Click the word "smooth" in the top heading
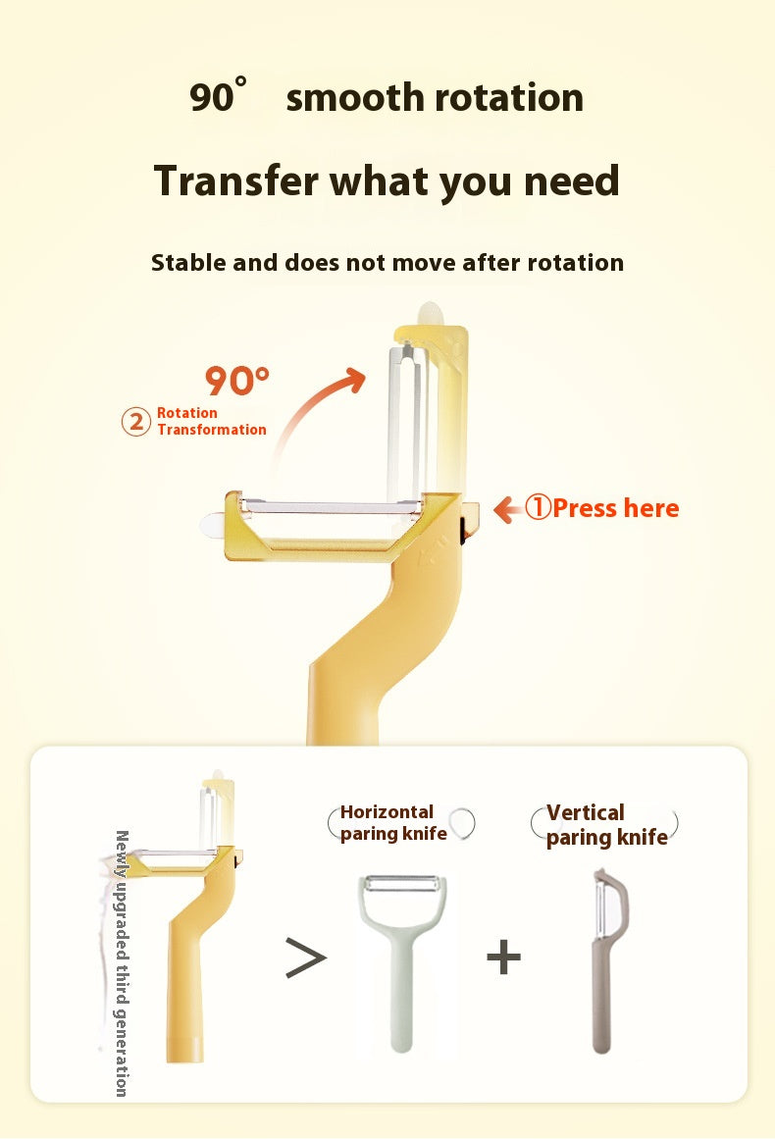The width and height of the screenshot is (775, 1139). [x=355, y=97]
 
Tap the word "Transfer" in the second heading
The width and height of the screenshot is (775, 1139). [x=236, y=181]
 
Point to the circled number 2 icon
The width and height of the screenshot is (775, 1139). [x=135, y=421]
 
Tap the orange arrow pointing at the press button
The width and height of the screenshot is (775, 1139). [x=508, y=509]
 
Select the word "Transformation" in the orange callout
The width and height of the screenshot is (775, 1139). [x=212, y=430]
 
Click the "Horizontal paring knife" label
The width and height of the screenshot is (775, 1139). [x=393, y=822]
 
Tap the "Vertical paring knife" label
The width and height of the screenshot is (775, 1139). [x=606, y=824]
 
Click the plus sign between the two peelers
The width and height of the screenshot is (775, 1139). [x=504, y=957]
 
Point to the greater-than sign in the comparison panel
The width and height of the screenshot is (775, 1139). [x=306, y=958]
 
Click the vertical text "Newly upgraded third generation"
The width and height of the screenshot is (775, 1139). [x=122, y=963]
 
